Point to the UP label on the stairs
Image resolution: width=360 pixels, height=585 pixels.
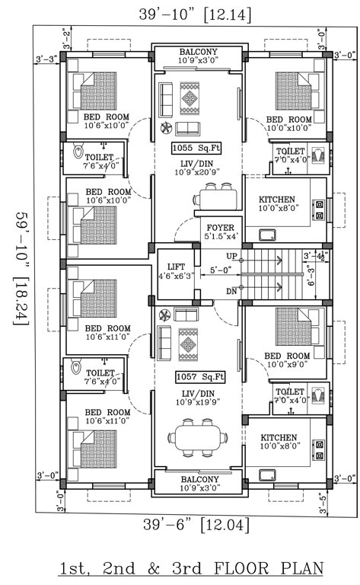tap(232, 256)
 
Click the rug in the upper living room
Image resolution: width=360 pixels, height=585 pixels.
tap(189, 97)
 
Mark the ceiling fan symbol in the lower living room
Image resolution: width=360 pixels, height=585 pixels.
tap(163, 313)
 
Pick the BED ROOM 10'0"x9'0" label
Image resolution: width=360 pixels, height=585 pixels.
tap(287, 360)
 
